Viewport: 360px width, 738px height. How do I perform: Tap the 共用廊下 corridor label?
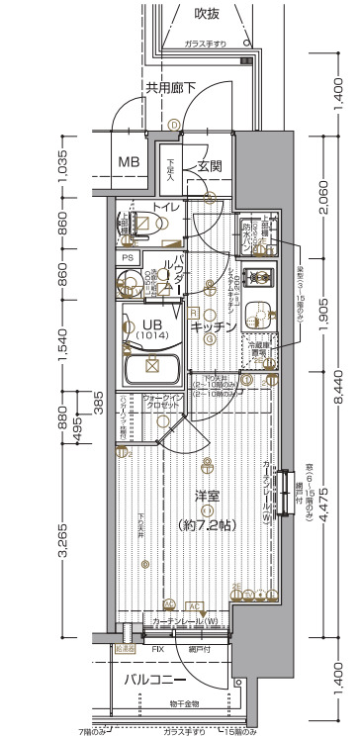171,88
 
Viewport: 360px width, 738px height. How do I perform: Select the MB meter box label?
129,162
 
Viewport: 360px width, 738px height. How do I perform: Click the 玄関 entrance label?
209,166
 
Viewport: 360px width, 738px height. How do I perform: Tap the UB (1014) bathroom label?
152,330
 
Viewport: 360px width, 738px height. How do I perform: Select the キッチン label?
214,325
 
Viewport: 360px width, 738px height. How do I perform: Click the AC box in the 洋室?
195,604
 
